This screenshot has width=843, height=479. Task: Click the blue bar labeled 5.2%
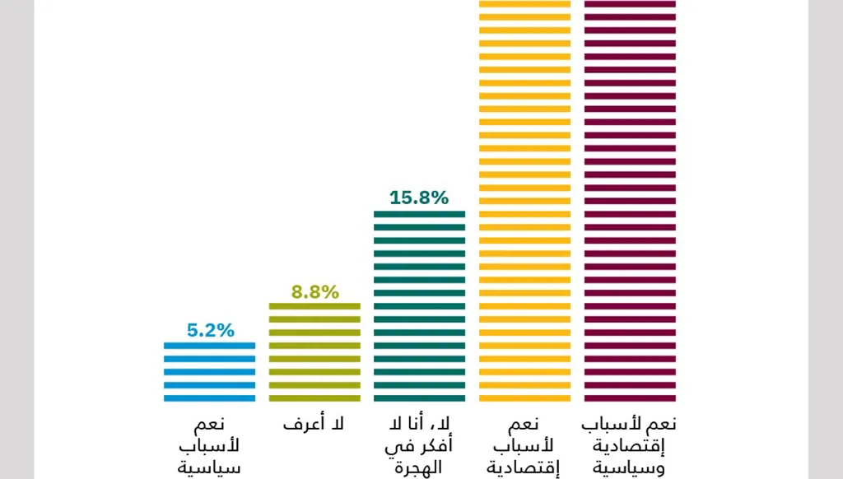point(209,372)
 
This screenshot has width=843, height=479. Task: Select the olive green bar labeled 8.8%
point(314,352)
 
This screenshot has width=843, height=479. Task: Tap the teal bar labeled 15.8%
point(419,306)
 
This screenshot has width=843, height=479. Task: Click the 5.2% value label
point(211,330)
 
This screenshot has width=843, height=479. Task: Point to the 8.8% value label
point(314,291)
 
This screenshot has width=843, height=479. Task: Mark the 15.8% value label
point(419,198)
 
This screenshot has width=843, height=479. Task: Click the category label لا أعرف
point(314,426)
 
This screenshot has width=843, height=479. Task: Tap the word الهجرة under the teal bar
point(419,468)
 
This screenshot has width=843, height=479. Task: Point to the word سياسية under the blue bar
point(211,468)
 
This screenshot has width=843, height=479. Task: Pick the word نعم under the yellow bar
point(524,426)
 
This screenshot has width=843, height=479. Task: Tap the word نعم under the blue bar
point(211,426)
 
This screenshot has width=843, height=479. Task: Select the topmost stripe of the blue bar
point(209,346)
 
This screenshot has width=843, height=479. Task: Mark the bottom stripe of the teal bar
point(419,398)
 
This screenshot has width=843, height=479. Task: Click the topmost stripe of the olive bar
point(314,306)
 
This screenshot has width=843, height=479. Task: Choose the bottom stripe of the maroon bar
point(630,398)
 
